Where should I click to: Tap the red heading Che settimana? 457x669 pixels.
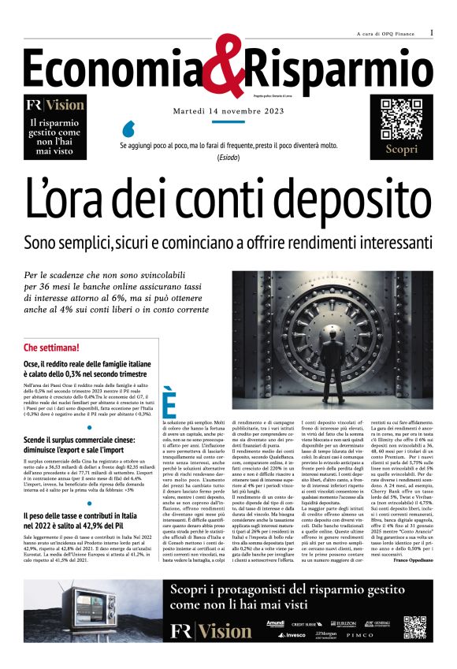[51, 348]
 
